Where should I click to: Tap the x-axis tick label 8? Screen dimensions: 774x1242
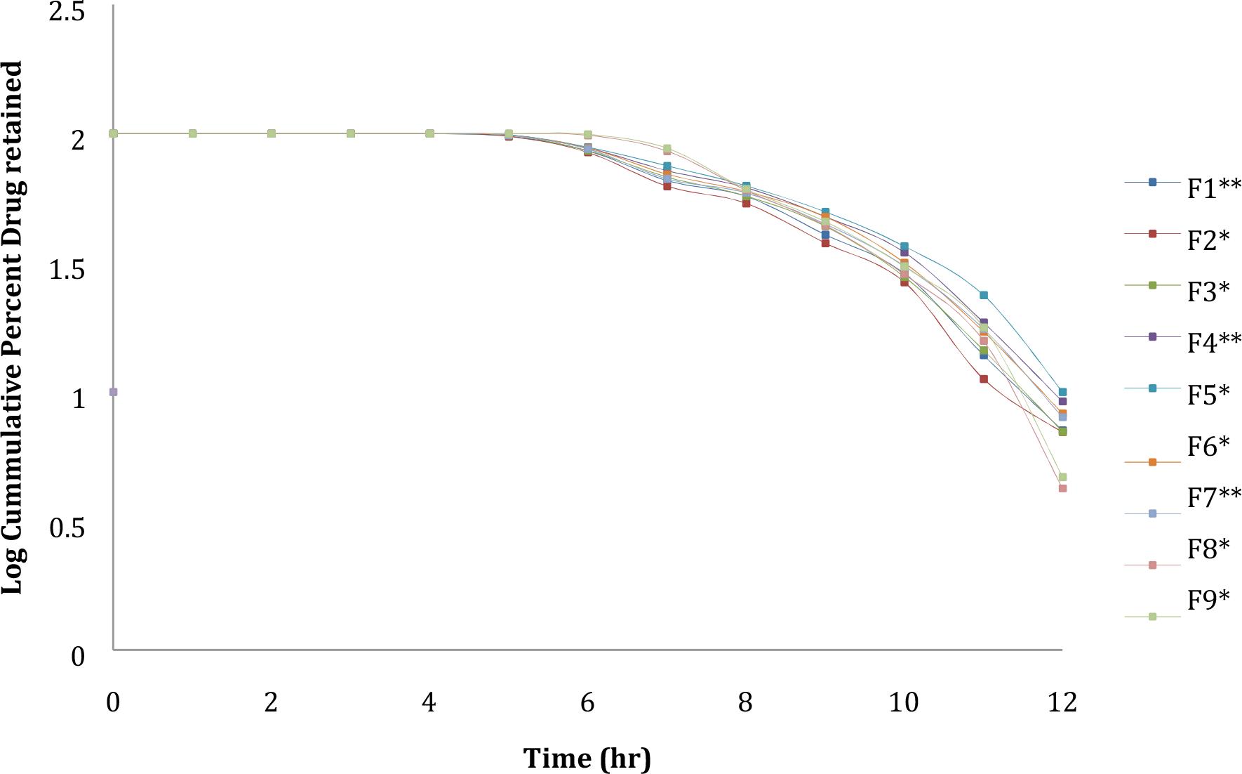click(745, 702)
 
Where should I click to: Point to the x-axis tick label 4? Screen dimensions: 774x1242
click(429, 702)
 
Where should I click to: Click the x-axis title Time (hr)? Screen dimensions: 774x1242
click(587, 759)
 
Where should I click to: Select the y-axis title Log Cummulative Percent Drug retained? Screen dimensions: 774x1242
click(13, 327)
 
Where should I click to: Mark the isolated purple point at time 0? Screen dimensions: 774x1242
click(114, 392)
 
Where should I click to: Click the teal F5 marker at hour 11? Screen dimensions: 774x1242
click(983, 295)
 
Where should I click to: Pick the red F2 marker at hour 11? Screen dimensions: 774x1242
click(983, 379)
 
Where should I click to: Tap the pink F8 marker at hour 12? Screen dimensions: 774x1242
click(1062, 488)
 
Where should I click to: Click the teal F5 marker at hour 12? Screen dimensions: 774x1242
click(1062, 392)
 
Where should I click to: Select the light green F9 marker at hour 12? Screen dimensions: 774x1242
click(1062, 477)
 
